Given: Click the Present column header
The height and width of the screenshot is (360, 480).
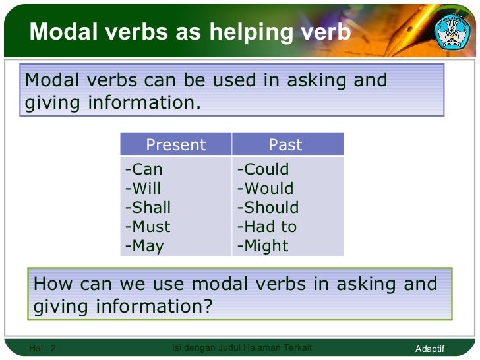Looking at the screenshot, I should click(x=175, y=145).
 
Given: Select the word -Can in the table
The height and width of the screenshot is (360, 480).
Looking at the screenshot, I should click(x=143, y=169).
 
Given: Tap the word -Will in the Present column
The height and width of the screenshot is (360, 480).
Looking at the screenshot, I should click(x=143, y=189).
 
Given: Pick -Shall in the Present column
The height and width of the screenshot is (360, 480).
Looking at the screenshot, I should click(x=148, y=208).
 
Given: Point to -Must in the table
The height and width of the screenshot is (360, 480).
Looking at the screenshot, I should click(x=148, y=227).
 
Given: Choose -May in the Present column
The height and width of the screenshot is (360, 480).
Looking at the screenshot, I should click(x=144, y=246).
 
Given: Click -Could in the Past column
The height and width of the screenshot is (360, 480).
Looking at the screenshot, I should click(x=263, y=169).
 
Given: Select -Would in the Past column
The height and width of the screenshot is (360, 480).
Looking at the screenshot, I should click(x=265, y=189).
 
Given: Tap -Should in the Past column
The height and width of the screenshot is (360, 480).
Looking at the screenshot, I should click(x=268, y=208).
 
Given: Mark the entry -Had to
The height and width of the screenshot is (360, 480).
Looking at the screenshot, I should click(x=267, y=227).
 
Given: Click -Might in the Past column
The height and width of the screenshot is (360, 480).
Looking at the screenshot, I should click(x=263, y=246).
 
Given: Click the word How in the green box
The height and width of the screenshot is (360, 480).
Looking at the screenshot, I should click(x=51, y=284).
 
